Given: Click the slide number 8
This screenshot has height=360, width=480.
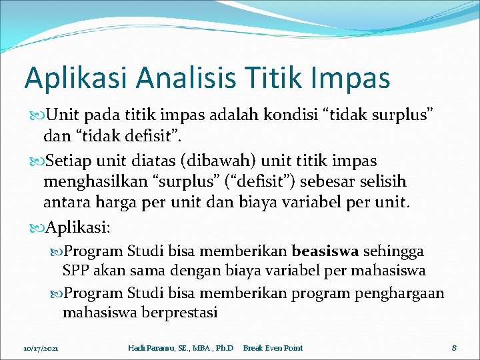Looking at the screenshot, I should [x=453, y=347].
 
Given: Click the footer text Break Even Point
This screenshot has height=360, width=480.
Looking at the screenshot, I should [x=273, y=348].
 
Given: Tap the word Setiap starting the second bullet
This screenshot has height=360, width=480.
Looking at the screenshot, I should [x=69, y=161].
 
